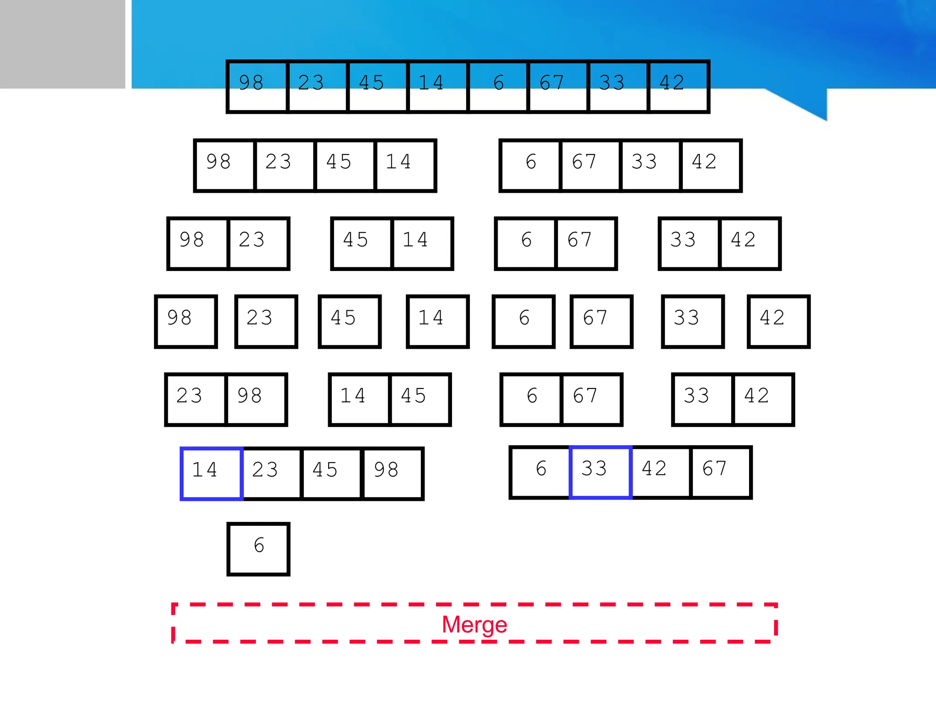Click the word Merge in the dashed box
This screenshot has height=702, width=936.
pyautogui.click(x=474, y=624)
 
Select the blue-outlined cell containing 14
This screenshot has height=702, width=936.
pyautogui.click(x=211, y=473)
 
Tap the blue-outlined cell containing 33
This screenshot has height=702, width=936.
pyautogui.click(x=601, y=472)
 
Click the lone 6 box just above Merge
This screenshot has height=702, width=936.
pyautogui.click(x=259, y=549)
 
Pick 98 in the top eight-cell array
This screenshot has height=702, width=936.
pyautogui.click(x=257, y=86)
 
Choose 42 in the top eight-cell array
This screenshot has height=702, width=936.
pyautogui.click(x=679, y=86)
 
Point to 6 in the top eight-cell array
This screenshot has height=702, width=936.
pyautogui.click(x=498, y=86)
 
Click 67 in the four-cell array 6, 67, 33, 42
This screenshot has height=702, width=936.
pyautogui.click(x=590, y=165)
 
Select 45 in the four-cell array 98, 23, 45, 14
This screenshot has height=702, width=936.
pyautogui.click(x=345, y=165)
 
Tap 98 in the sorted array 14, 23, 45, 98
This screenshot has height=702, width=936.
pyautogui.click(x=392, y=473)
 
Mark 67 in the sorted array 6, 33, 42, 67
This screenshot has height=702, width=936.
pyautogui.click(x=721, y=472)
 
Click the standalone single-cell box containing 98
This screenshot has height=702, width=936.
pyautogui.click(x=186, y=321)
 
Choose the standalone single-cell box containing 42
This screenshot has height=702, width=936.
pyautogui.click(x=778, y=321)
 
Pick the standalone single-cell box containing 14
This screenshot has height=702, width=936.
pyautogui.click(x=437, y=321)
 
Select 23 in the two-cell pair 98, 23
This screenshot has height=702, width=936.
pyautogui.click(x=258, y=244)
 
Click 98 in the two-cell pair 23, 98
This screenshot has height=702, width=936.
pyautogui.click(x=256, y=399)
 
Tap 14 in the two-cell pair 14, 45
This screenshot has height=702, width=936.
pyautogui.click(x=359, y=399)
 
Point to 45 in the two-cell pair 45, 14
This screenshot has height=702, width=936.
pyautogui.click(x=362, y=244)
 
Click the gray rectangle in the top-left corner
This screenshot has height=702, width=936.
pyautogui.click(x=62, y=44)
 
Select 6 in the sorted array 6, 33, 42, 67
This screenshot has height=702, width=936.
pyautogui.click(x=540, y=472)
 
